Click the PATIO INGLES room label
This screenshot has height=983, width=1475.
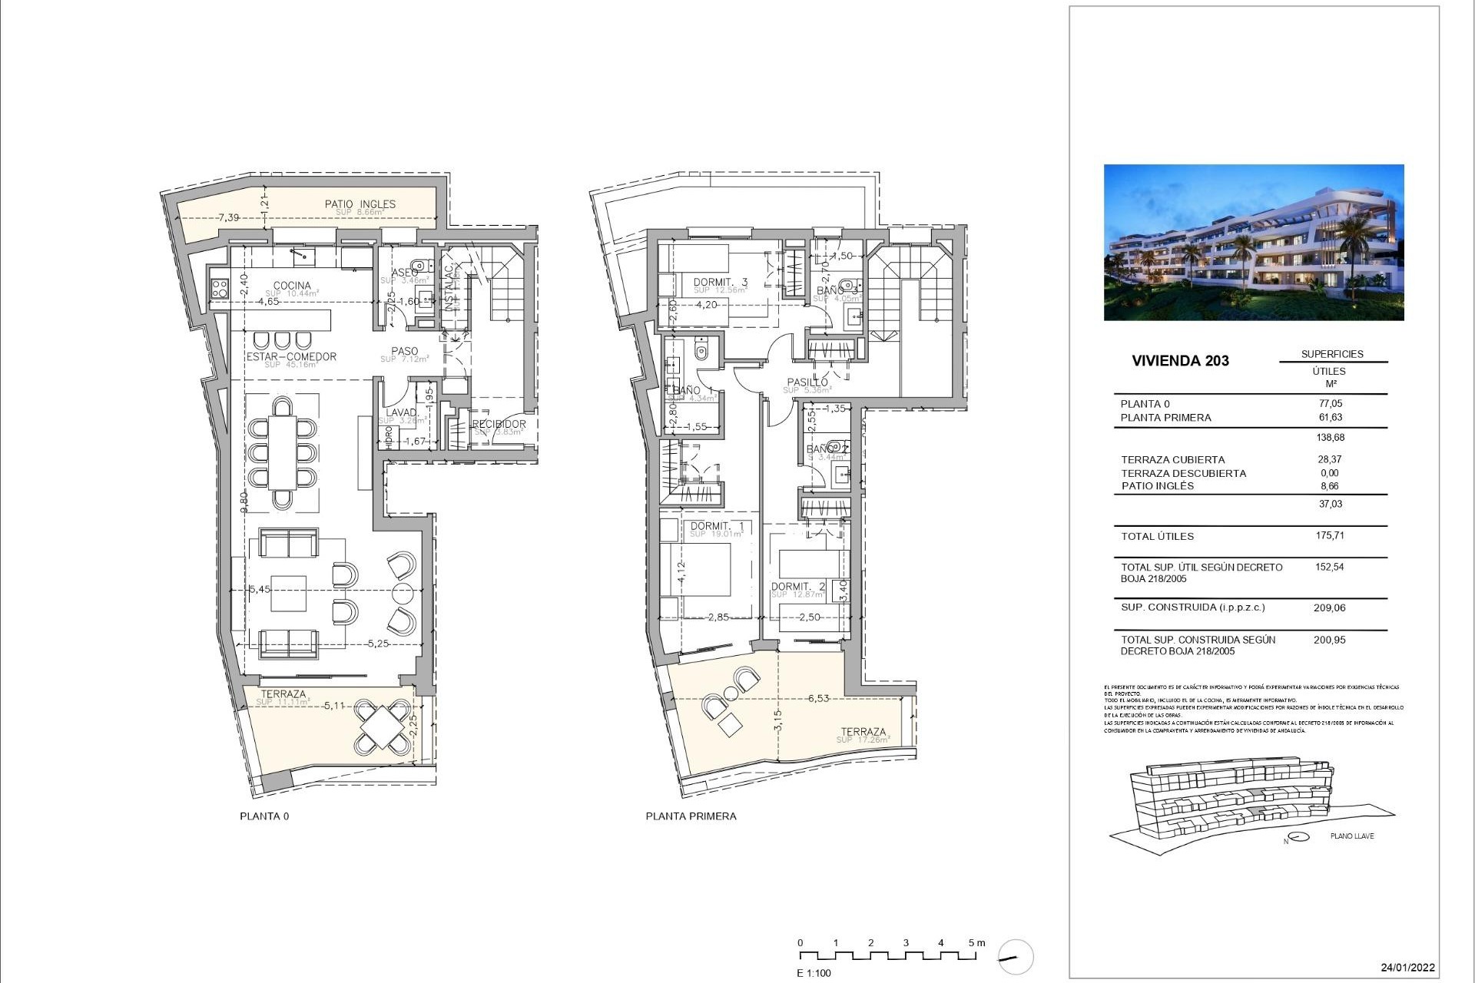360,204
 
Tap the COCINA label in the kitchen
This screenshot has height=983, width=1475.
292,285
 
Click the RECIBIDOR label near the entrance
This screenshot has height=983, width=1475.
499,424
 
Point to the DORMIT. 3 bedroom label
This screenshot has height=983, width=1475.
720,282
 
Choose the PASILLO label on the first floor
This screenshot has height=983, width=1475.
807,382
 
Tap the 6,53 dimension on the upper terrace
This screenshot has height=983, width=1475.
818,698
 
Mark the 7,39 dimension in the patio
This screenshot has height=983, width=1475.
228,217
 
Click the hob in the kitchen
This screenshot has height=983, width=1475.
219,288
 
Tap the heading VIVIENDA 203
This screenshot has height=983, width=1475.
1180,360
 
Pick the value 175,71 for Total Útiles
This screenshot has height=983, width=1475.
1330,535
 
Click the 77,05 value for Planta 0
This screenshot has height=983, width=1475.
1330,403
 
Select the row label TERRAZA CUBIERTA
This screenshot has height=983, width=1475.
1172,459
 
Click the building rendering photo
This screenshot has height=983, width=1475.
1253,242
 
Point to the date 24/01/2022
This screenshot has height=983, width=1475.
1407,967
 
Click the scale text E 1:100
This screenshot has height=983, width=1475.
814,973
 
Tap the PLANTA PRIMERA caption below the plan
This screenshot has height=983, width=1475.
691,816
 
